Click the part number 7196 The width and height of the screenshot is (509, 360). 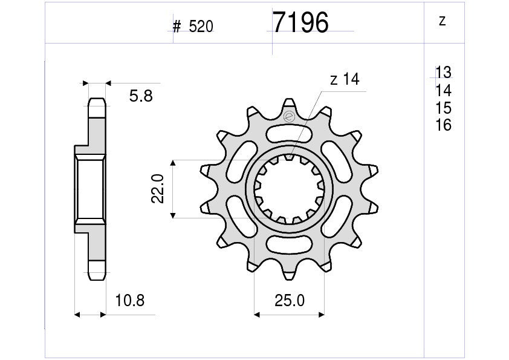point(300,23)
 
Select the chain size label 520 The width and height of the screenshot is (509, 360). point(201,27)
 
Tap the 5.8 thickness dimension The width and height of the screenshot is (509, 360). point(141,96)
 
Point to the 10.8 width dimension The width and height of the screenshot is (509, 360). point(130,301)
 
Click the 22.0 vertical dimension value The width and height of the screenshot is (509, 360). point(158,189)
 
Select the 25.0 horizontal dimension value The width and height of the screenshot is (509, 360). point(290,301)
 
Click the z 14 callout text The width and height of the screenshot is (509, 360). point(345,79)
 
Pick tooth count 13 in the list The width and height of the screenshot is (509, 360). point(444,73)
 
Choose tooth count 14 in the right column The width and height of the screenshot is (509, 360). point(444,90)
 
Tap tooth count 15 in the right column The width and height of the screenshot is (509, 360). point(444,108)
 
